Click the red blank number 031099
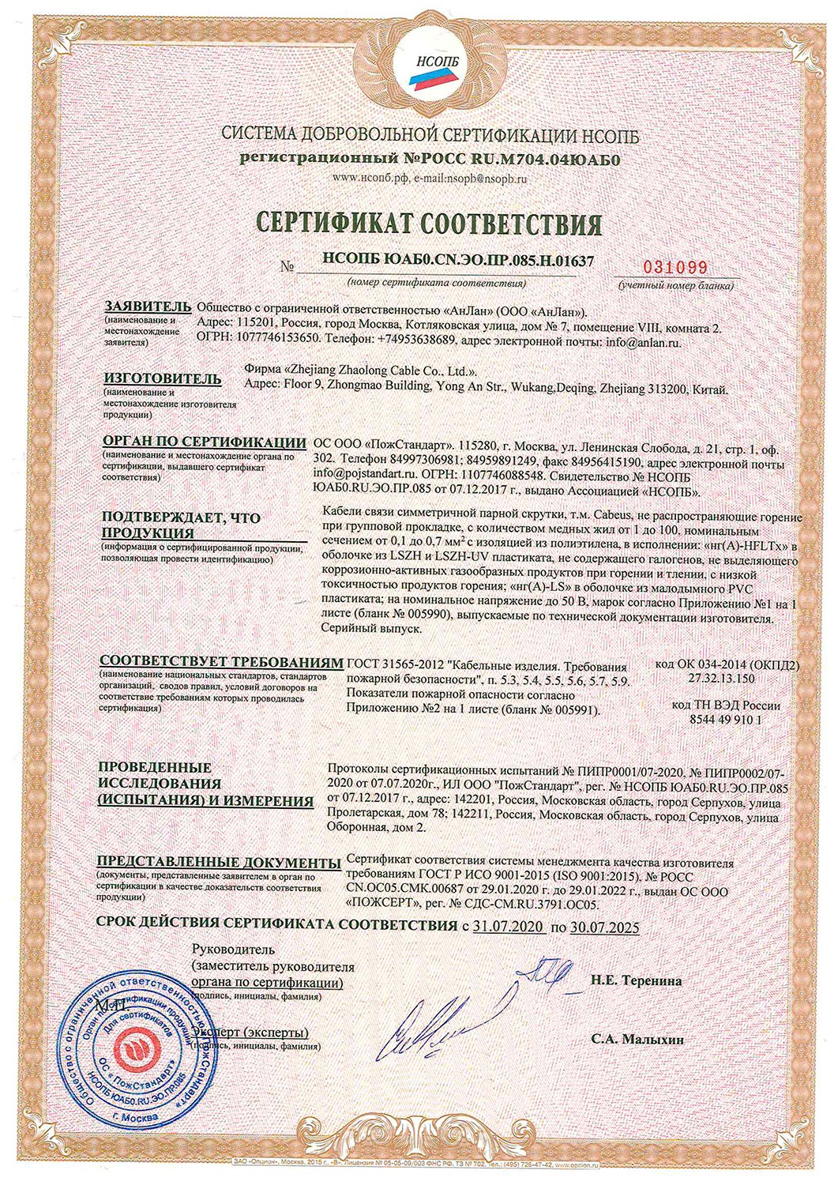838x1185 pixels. (x=676, y=267)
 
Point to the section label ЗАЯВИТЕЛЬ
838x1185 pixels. (x=147, y=307)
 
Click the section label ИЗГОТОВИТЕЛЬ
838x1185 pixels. (x=159, y=378)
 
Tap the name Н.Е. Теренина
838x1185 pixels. (x=636, y=980)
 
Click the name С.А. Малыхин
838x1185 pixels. (x=637, y=1040)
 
